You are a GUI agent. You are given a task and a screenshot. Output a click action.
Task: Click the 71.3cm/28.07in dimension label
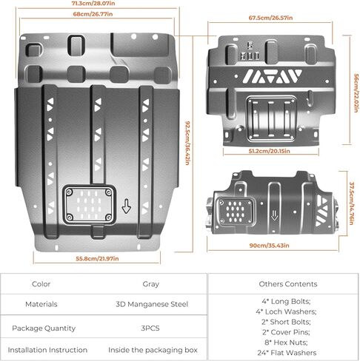pos(93,4)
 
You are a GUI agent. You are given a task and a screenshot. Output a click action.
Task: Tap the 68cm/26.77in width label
pos(93,14)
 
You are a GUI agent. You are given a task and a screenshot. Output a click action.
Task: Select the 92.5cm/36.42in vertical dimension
pos(187,143)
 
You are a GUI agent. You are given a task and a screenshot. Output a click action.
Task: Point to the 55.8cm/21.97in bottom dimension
pos(97,258)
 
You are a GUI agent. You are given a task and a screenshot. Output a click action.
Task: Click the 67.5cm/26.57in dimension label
pos(270,18)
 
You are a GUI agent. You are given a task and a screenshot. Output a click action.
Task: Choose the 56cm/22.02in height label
pos(356,93)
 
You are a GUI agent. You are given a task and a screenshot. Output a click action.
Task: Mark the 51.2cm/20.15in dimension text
pos(269,151)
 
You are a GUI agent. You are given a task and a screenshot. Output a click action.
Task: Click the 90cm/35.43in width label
pos(269,246)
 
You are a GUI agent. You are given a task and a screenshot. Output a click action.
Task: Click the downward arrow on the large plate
pos(127,206)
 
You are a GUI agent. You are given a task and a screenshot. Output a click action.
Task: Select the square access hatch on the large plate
pos(89,205)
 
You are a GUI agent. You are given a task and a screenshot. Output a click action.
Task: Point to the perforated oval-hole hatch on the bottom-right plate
pos(235,211)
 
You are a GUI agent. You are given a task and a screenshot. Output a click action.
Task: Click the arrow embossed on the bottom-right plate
pos(274,215)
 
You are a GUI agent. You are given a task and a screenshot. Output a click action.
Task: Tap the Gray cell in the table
pos(150,284)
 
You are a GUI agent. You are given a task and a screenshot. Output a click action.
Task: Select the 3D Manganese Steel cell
pos(152,304)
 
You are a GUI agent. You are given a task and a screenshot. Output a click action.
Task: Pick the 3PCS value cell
pos(150,328)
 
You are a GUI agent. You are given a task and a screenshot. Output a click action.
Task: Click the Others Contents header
pos(288,284)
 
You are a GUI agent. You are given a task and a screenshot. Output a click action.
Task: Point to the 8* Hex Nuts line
pos(286,343)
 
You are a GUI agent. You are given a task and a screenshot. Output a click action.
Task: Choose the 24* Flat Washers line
pos(287,353)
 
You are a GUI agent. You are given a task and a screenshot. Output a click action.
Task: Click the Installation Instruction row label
pos(47,350)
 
